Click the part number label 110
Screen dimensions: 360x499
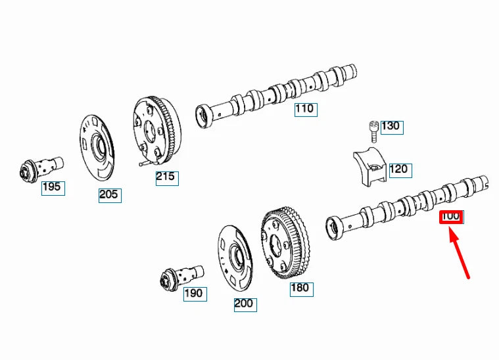[304, 109]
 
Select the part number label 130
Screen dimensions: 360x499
[390, 126]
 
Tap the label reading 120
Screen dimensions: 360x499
[398, 169]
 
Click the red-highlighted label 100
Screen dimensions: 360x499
[451, 216]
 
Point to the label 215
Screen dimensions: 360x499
[166, 177]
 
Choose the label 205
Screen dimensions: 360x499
[110, 194]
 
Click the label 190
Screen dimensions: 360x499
[193, 293]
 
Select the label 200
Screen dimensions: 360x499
[244, 304]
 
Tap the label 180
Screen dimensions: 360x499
[300, 288]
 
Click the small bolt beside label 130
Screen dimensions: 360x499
[373, 129]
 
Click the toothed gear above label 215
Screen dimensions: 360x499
[158, 131]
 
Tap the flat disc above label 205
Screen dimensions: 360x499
[97, 150]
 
